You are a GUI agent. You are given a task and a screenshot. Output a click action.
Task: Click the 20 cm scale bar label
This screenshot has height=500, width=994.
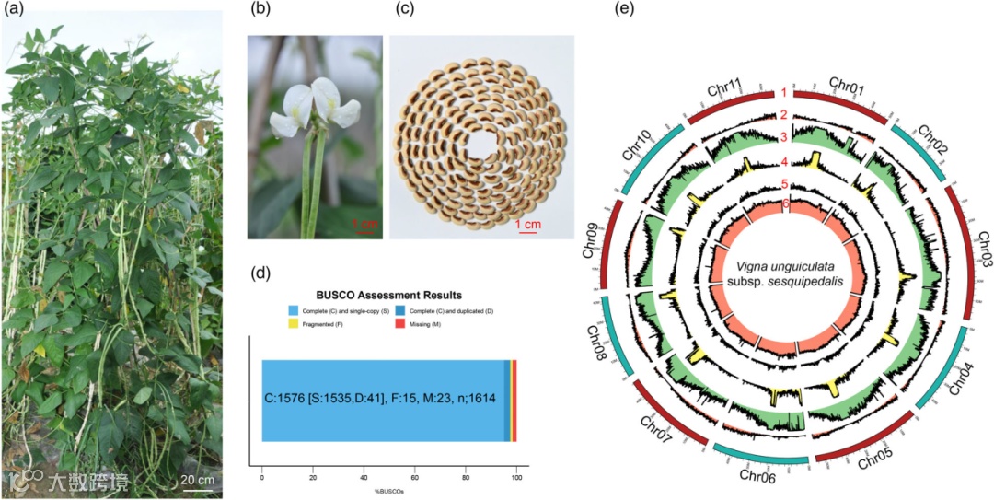click(x=197, y=479)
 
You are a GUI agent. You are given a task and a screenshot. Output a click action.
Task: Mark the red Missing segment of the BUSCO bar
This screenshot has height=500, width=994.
click(x=514, y=401)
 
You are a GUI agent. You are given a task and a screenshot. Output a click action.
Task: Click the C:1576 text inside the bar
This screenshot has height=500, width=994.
click(x=294, y=401)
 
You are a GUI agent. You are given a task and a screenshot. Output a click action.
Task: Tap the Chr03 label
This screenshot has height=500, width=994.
click(x=974, y=249)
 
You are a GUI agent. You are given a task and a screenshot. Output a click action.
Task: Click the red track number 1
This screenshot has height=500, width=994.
click(x=783, y=93)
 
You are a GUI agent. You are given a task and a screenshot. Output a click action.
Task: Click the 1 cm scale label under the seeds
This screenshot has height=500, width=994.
click(x=526, y=224)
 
